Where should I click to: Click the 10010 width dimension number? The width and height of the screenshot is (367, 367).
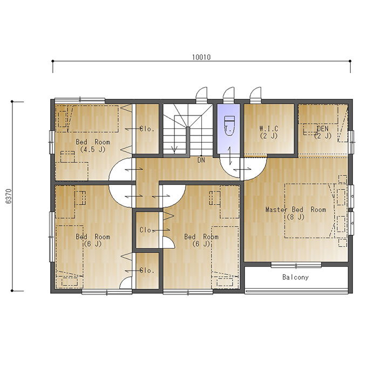pos(201,57)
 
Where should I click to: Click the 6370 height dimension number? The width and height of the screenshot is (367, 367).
pos(9,196)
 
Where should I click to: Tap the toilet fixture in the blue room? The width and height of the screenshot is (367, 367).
pos(229,126)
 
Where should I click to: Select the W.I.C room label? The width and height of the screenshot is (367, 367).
pos(269,128)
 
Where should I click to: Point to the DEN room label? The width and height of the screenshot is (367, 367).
pos(323,128)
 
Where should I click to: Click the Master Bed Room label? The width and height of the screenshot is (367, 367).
pos(296,209)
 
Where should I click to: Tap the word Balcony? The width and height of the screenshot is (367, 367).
pos(295,277)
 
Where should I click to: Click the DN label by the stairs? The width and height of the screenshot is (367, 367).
pos(201,160)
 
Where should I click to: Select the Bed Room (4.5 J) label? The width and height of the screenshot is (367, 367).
pos(93,146)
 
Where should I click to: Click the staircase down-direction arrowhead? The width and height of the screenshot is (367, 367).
pos(174,149)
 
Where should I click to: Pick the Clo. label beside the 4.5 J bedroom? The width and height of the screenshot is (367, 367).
pos(147,129)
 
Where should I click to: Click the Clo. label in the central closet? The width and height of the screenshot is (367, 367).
pos(147,230)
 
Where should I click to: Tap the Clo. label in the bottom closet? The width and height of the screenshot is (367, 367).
pos(147,270)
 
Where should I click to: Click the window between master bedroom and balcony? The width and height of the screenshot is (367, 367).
pos(296,266)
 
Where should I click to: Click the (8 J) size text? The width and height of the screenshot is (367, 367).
pos(296,217)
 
